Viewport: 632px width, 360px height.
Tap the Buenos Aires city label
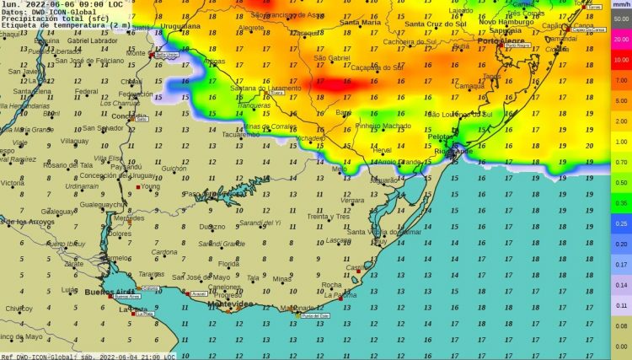tap(106, 292)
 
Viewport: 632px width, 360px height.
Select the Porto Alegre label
tap(501, 40)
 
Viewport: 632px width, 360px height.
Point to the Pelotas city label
tap(441, 136)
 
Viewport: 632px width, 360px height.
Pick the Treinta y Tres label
tap(328, 217)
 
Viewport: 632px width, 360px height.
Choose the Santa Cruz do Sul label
tap(436, 24)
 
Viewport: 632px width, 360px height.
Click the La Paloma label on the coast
tap(340, 295)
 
